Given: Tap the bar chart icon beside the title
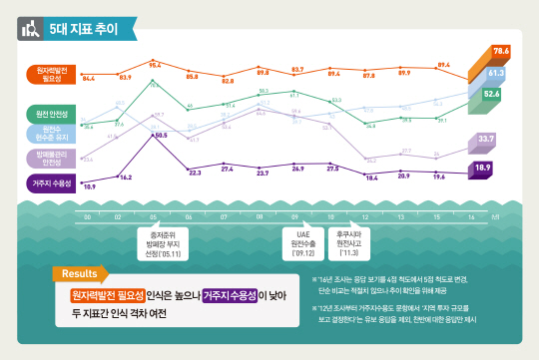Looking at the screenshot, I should [x=31, y=29].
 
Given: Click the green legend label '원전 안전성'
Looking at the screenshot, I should [x=50, y=113].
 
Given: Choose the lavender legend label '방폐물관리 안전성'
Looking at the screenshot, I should [x=50, y=158].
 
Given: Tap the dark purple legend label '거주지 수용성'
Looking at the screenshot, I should [x=50, y=183].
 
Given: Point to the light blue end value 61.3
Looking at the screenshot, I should [x=496, y=73].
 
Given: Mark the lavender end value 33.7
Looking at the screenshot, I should [x=486, y=139].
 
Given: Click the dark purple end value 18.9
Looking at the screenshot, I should [x=482, y=168].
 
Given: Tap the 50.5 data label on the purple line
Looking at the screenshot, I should [x=160, y=134].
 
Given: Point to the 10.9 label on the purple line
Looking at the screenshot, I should [x=89, y=186].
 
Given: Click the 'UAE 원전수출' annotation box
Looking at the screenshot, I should [x=305, y=239].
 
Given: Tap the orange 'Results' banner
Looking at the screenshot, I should [x=80, y=273].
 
